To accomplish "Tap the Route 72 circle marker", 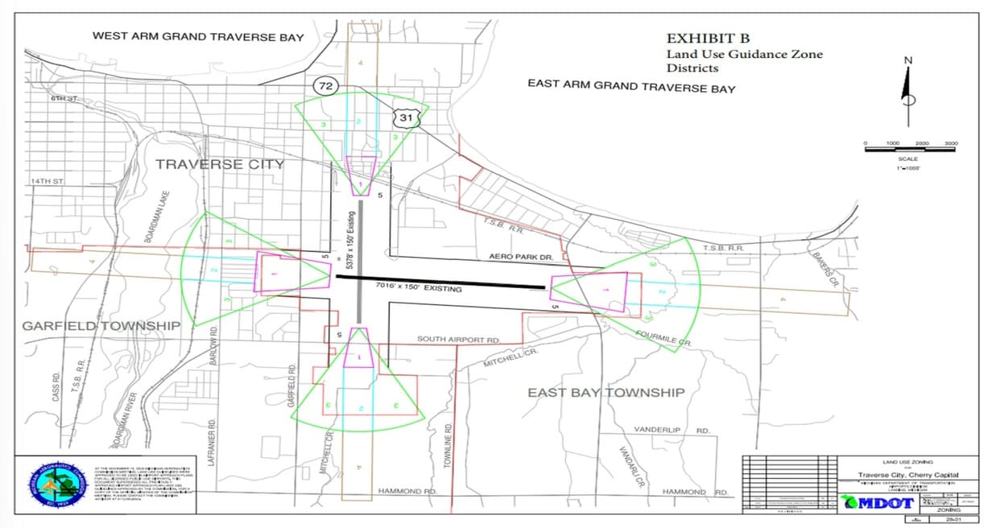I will [326, 85].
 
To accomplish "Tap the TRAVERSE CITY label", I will [219, 164].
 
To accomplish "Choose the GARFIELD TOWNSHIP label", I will [101, 326].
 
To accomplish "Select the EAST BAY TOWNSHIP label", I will [606, 393].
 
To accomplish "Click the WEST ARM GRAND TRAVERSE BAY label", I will [198, 36].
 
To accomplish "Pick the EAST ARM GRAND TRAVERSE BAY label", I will [631, 86].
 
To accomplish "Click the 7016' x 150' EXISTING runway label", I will [419, 287].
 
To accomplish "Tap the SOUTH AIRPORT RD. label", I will [459, 340].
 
